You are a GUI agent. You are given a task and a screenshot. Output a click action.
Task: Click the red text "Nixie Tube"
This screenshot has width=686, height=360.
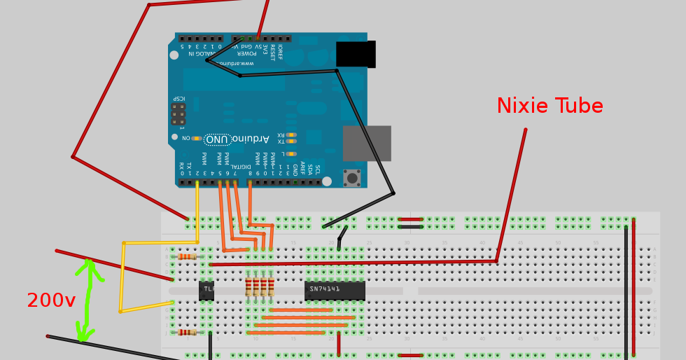click(x=549, y=106)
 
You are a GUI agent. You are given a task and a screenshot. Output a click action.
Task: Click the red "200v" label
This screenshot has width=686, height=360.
click(x=50, y=301)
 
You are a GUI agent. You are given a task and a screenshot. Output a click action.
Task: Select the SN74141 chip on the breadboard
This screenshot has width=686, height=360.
click(x=335, y=290)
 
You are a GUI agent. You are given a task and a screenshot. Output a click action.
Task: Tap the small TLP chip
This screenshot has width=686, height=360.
click(x=206, y=290)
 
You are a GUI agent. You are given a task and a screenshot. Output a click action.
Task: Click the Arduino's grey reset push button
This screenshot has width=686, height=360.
click(x=351, y=178)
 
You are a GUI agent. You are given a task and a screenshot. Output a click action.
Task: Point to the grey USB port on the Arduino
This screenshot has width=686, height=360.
click(x=366, y=143)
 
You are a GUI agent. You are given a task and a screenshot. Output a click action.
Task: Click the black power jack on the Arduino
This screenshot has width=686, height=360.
click(x=356, y=54)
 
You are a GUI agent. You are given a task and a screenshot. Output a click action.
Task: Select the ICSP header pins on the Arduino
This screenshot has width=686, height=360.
click(x=178, y=113)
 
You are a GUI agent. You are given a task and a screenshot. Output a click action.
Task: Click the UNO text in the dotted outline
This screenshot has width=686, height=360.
click(x=217, y=139)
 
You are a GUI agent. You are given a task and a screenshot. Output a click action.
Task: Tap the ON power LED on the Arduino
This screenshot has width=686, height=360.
click(x=197, y=139)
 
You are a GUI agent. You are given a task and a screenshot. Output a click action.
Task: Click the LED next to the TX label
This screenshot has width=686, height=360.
click(x=291, y=141)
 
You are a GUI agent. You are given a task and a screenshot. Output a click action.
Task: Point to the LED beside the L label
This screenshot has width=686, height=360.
click(x=291, y=153)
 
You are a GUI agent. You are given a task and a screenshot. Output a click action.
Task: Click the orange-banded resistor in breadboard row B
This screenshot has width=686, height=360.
click(x=186, y=257)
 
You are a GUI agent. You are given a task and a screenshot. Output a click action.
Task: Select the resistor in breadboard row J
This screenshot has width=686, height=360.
click(x=186, y=332)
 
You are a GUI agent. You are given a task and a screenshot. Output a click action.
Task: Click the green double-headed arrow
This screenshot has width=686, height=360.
click(x=87, y=300)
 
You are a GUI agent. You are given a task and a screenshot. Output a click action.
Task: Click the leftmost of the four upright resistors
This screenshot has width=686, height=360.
click(x=248, y=286)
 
